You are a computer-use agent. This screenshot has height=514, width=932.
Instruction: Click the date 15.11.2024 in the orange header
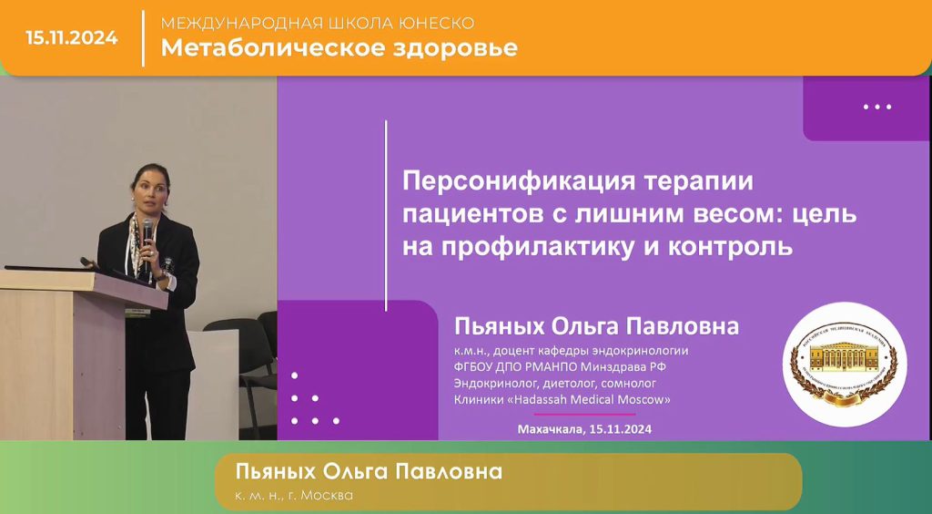[x=72, y=38]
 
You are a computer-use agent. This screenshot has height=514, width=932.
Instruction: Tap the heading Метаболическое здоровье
[x=339, y=48]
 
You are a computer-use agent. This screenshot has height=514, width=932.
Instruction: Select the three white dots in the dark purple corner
[x=876, y=107]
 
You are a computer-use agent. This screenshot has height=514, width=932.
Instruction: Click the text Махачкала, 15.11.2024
[x=584, y=428]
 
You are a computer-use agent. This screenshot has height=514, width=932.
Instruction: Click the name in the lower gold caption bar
[x=369, y=472]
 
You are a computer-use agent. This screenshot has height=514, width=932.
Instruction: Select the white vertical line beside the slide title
[x=386, y=215]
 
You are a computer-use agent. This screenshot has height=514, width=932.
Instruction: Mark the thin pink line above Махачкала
[x=584, y=414]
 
